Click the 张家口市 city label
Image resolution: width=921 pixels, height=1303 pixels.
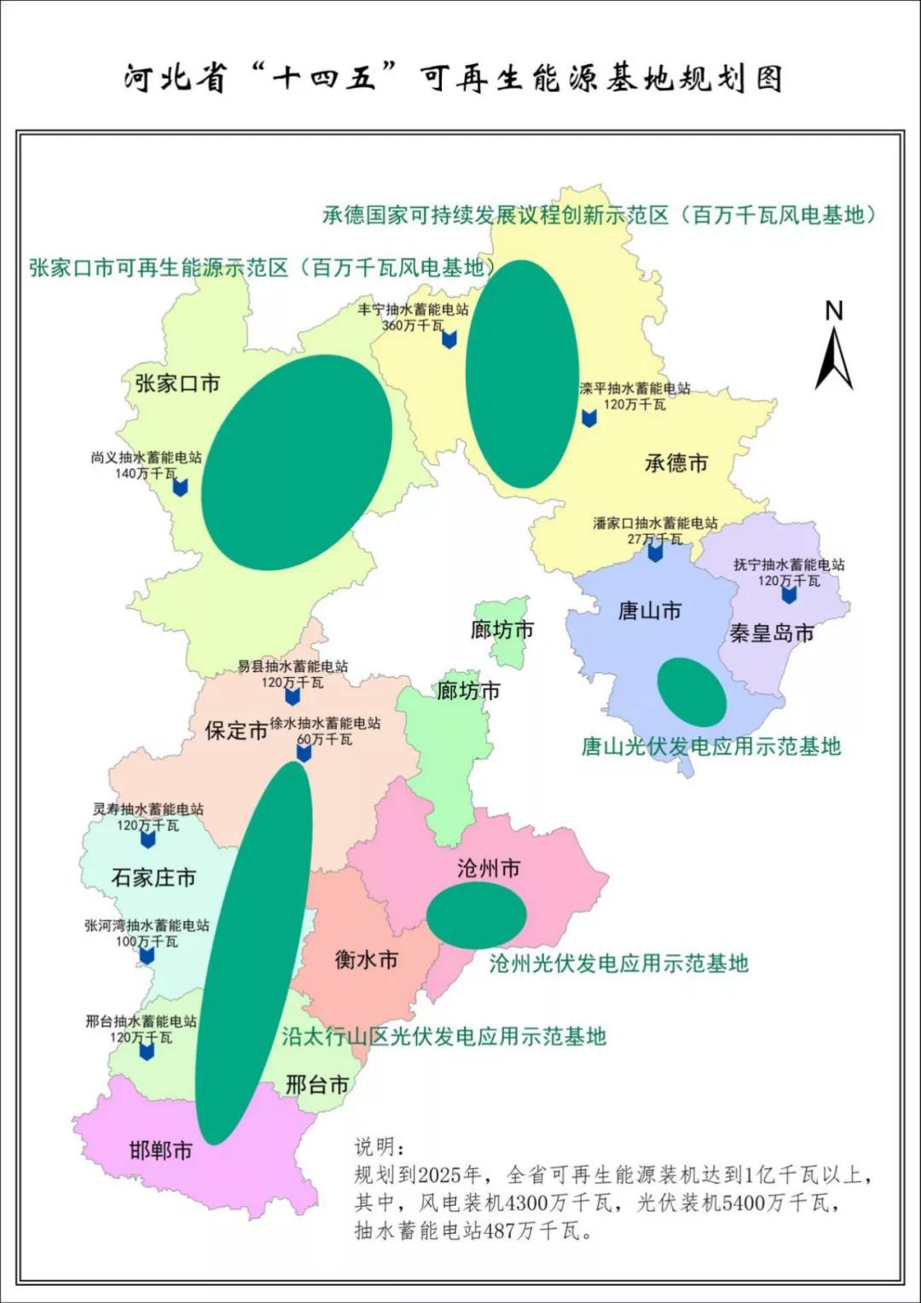coord(177,384)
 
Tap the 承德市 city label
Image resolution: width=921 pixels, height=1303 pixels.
coord(676,463)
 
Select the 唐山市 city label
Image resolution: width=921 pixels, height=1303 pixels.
coord(650,611)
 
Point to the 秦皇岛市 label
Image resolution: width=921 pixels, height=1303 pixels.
coord(772,633)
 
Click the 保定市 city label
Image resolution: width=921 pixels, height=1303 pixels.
coord(236,731)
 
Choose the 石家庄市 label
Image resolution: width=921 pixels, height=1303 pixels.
coord(153,877)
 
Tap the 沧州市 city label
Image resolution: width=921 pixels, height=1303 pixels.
coord(489,868)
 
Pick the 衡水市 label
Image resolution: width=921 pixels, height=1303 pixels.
coord(367,959)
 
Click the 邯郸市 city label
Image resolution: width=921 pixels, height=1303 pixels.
coord(160,1150)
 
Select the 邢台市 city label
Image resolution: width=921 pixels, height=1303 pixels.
coord(317,1085)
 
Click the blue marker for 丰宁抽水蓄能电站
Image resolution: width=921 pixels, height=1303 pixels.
coord(449,339)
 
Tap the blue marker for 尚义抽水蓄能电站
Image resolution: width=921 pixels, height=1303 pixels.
coord(180,487)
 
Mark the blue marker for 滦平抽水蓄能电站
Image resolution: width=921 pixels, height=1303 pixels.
coord(588,418)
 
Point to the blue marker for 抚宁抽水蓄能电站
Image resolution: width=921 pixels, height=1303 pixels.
coord(789,594)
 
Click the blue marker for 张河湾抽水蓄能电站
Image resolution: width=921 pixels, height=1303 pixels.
coord(147,955)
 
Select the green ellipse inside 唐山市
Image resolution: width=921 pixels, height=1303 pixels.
coord(692,692)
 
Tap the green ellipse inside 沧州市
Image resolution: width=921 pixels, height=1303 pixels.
coord(476,915)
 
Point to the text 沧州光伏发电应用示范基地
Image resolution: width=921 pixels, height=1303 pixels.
coord(618,964)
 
